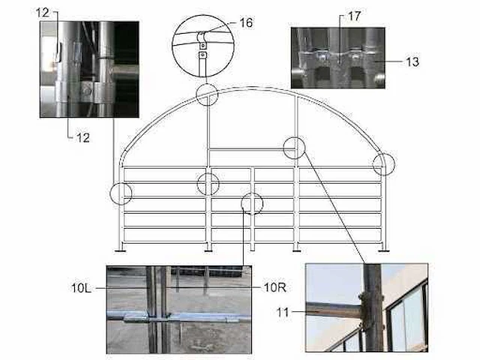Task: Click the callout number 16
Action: coord(246,22)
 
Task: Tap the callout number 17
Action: coord(354,16)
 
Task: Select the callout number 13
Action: coord(412,61)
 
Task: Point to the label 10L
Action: coord(81,288)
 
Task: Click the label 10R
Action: coord(274,287)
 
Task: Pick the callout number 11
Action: coord(283,312)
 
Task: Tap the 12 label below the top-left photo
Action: coord(82,138)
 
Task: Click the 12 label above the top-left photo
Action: coord(43,13)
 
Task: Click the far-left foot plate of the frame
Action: coord(120,251)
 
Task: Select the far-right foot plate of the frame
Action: coord(384,251)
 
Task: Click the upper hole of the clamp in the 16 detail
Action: coord(202,46)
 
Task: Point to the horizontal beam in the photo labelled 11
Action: coord(334,310)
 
